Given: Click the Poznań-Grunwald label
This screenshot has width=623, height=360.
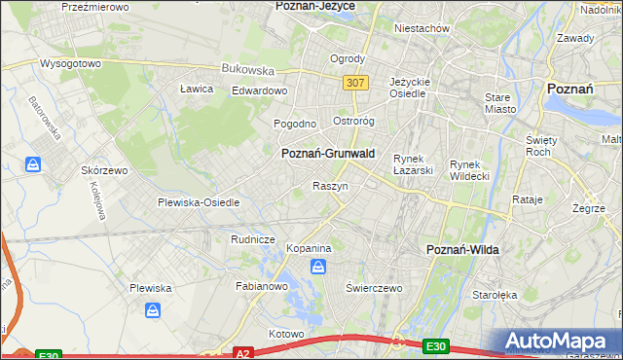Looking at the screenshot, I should point(329,154).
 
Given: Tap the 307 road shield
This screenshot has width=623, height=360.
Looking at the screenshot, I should point(355,83).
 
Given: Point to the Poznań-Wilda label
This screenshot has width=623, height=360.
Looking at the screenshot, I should point(463,250).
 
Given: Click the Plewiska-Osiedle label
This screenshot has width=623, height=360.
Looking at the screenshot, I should point(199,202).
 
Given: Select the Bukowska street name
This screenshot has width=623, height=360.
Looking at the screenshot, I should point(247,69).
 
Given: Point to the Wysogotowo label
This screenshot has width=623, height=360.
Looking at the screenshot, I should point(70,64).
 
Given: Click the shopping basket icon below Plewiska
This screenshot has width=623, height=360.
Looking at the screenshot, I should point(154,310).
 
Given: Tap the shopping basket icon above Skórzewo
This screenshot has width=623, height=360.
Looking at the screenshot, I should point(34,164).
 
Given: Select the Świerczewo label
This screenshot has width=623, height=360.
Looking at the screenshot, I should point(375,289).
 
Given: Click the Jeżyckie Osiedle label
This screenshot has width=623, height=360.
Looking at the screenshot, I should point(409,88).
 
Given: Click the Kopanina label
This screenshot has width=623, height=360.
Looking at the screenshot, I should point(310,249).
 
